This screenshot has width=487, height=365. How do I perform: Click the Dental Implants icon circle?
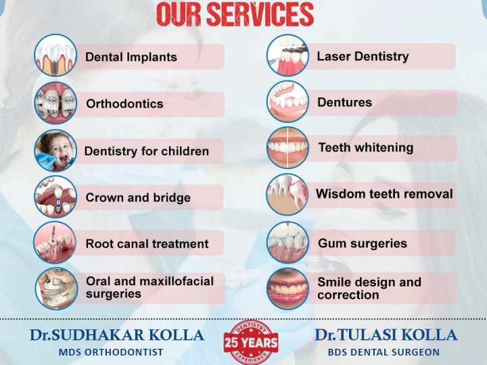pos(55,55)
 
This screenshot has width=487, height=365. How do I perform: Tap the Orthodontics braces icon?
pos(55,103)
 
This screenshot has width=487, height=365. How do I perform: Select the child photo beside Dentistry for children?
pos(55,151)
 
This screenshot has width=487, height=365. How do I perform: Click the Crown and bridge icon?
pos(55,197)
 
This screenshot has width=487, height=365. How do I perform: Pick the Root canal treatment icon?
pos(55,243)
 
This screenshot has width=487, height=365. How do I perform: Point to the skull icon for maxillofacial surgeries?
pos(56,289)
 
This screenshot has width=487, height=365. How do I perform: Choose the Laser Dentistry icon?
pos(287,55)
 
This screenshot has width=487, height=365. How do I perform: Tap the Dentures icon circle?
pos(287,101)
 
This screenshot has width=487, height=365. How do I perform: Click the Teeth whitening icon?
pos(287,148)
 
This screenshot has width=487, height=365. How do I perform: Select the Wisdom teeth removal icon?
pos(287,194)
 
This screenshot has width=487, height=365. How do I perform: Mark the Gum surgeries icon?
pos(287,243)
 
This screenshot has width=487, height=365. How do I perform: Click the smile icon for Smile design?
pos(287,289)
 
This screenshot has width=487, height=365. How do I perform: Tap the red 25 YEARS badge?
pos(251,342)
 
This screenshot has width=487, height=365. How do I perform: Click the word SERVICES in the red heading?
pos(260,15)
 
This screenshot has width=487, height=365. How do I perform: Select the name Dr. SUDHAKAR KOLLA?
pos(117,335)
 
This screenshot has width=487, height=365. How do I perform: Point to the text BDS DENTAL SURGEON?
pos(384,352)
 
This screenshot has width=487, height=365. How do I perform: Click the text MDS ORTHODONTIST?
pos(111,352)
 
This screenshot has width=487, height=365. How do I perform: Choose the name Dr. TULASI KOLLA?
pos(386,335)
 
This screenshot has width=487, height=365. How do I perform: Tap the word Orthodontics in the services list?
pos(124,103)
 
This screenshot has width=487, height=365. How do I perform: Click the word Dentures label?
pos(344,103)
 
